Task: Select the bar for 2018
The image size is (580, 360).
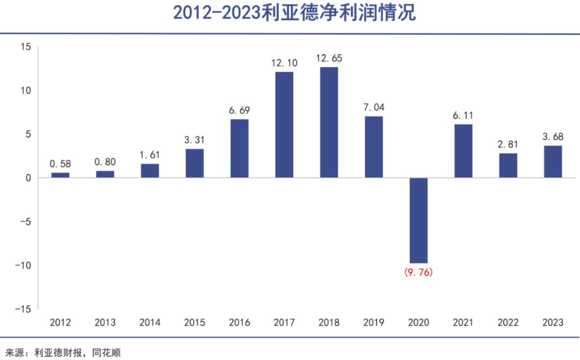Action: [329, 123]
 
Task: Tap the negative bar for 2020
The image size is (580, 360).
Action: [418, 220]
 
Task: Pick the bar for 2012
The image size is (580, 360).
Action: [60, 175]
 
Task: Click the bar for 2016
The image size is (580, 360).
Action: [239, 148]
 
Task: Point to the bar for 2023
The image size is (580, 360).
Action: [553, 162]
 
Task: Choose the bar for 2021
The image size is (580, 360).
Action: [463, 151]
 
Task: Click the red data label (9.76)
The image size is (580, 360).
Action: [418, 272]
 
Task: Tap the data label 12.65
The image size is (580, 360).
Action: [329, 58]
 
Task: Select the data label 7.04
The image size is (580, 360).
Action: [374, 107]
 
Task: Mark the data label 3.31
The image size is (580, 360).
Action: [194, 140]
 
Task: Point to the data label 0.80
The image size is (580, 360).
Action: [105, 162]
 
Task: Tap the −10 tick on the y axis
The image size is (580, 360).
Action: [23, 265]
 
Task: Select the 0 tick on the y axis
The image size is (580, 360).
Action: [28, 178]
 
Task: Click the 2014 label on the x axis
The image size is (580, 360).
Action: [150, 322]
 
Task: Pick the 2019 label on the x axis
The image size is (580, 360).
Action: [374, 322]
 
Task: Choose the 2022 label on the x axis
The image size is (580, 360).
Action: [508, 322]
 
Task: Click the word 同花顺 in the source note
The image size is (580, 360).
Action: [106, 352]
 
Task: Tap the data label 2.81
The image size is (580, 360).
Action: [508, 145]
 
